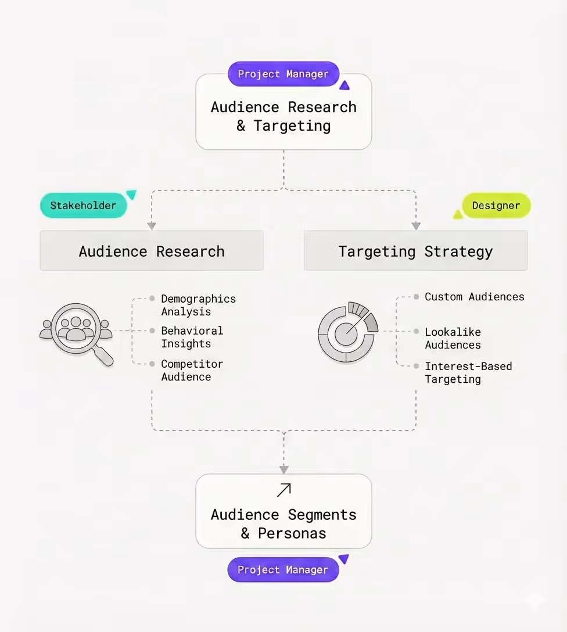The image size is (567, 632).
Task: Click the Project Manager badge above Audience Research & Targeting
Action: (x=283, y=74)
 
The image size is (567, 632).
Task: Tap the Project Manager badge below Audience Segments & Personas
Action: (x=283, y=570)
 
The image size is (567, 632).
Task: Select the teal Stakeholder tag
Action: (x=83, y=206)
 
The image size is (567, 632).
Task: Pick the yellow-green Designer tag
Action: (x=496, y=206)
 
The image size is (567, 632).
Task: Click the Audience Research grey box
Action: (x=152, y=251)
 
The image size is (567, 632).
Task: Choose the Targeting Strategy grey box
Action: (x=415, y=251)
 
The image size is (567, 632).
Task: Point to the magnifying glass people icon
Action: (x=77, y=333)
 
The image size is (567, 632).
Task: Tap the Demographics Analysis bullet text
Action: (x=198, y=305)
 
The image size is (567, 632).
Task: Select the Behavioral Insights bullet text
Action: (x=192, y=337)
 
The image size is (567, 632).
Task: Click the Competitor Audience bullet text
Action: (x=192, y=370)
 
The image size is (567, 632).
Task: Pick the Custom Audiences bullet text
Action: (x=474, y=297)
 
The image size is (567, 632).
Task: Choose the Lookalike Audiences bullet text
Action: (x=453, y=338)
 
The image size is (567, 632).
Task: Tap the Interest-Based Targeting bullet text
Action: (x=468, y=372)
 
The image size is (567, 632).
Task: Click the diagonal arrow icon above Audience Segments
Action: (x=283, y=490)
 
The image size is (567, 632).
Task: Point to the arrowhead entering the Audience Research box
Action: (x=152, y=226)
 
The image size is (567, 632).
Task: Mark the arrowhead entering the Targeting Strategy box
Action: (x=416, y=226)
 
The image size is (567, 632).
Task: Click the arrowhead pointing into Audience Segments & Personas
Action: (x=283, y=469)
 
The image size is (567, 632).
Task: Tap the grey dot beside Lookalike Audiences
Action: (x=417, y=332)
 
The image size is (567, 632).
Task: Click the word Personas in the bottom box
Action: (x=292, y=533)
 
